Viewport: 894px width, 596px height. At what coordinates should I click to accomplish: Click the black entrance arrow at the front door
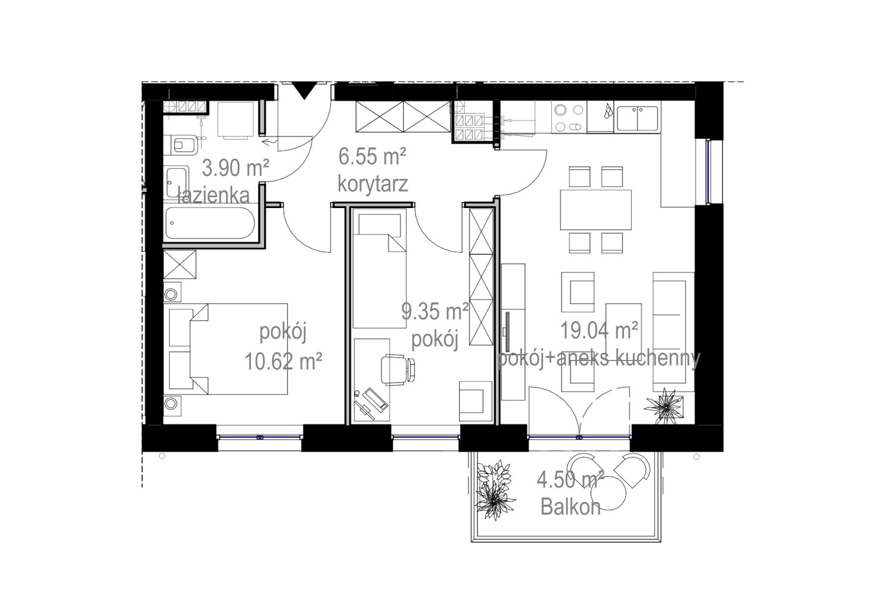pyautogui.click(x=305, y=91)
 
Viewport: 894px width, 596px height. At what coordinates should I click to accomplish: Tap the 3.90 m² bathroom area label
pyautogui.click(x=235, y=167)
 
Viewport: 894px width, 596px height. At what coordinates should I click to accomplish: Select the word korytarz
pyautogui.click(x=372, y=184)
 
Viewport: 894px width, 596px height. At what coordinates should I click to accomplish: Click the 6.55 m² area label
pyautogui.click(x=372, y=156)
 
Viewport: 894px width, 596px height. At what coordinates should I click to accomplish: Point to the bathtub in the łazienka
pyautogui.click(x=210, y=223)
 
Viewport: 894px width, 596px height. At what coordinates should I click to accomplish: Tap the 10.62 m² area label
pyautogui.click(x=283, y=362)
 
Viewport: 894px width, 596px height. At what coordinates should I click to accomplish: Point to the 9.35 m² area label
pyautogui.click(x=435, y=311)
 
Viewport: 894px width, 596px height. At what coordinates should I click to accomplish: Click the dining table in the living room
pyautogui.click(x=595, y=210)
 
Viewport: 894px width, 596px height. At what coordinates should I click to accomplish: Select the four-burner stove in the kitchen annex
pyautogui.click(x=569, y=117)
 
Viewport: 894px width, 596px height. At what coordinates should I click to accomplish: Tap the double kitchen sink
pyautogui.click(x=637, y=118)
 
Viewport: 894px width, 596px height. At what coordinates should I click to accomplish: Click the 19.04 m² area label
pyautogui.click(x=599, y=330)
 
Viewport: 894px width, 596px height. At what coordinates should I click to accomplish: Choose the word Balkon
pyautogui.click(x=570, y=507)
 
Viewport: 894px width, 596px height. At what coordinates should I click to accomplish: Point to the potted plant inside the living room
pyautogui.click(x=665, y=406)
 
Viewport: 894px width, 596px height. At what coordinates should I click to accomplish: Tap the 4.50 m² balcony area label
pyautogui.click(x=570, y=480)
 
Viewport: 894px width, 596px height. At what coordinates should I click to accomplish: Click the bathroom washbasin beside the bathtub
pyautogui.click(x=177, y=182)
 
